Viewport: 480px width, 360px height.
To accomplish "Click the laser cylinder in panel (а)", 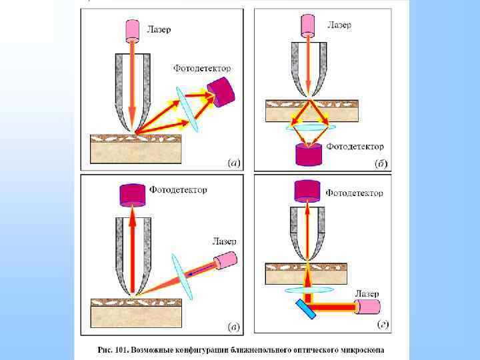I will pos(131,31).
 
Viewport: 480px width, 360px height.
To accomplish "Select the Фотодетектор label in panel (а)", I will pos(202,68).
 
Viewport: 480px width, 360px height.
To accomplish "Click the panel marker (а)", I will pos(234,162).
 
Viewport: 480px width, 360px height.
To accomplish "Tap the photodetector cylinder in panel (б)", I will pos(308,155).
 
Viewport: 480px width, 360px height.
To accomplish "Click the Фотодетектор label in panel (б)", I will pos(354,146).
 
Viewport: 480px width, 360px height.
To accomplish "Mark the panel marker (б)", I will pos(382,162).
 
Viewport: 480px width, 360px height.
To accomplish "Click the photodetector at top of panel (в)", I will pos(132,195).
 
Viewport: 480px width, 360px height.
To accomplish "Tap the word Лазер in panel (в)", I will pos(224,241).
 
